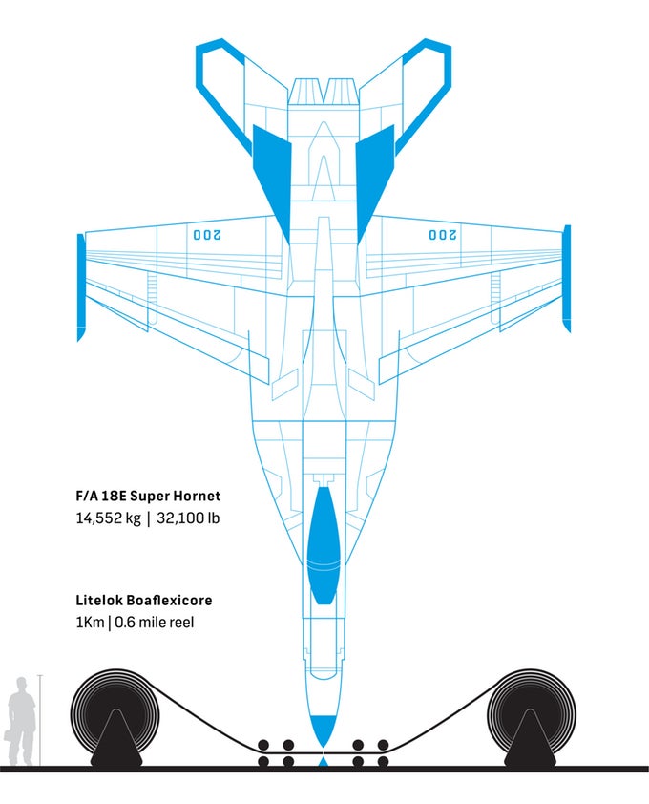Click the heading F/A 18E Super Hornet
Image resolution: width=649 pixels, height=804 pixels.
click(x=148, y=496)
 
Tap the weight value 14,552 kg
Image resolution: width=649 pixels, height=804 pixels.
click(x=108, y=518)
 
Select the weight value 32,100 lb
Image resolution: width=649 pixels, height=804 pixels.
click(x=188, y=518)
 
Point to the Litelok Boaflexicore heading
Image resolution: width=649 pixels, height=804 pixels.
click(x=144, y=600)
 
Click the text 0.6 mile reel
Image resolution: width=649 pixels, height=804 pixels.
click(x=155, y=623)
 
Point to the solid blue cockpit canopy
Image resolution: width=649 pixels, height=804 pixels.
click(x=323, y=544)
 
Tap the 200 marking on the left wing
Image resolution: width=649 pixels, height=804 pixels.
click(x=206, y=235)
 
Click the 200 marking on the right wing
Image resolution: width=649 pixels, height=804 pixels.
click(x=443, y=235)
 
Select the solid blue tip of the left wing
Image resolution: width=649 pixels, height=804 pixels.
click(x=80, y=286)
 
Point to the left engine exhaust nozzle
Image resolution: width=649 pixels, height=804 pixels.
click(x=305, y=93)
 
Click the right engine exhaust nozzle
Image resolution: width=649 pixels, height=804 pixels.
click(x=342, y=93)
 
